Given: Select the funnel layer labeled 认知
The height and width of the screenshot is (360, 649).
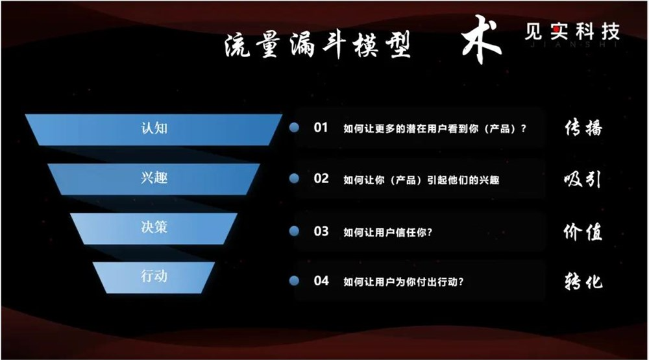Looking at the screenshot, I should (x=154, y=128).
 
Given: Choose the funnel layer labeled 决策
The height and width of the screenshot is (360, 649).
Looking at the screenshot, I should (x=154, y=228).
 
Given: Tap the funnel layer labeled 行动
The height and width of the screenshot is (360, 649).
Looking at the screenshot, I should (x=154, y=276).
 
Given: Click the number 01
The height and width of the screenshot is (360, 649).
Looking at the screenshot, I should (x=321, y=128).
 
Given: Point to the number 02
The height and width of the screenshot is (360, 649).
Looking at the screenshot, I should (x=321, y=178).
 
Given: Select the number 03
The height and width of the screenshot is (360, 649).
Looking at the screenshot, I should (x=321, y=231).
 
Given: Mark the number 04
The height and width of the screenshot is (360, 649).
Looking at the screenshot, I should (x=321, y=281).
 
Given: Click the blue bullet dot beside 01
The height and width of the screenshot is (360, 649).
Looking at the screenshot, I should (x=294, y=128).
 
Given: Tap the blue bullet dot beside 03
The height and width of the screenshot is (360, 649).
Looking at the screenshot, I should (x=294, y=231).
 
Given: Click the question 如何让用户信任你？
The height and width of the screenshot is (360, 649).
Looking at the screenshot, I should (x=388, y=232).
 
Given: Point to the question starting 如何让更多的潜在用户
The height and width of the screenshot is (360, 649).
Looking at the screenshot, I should (x=434, y=128).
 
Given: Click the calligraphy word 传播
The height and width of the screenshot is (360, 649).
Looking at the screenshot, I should (x=583, y=128).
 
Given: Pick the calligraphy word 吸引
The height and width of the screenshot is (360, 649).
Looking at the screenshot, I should (x=583, y=179).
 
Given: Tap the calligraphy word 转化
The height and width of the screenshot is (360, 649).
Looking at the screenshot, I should (x=583, y=282).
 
